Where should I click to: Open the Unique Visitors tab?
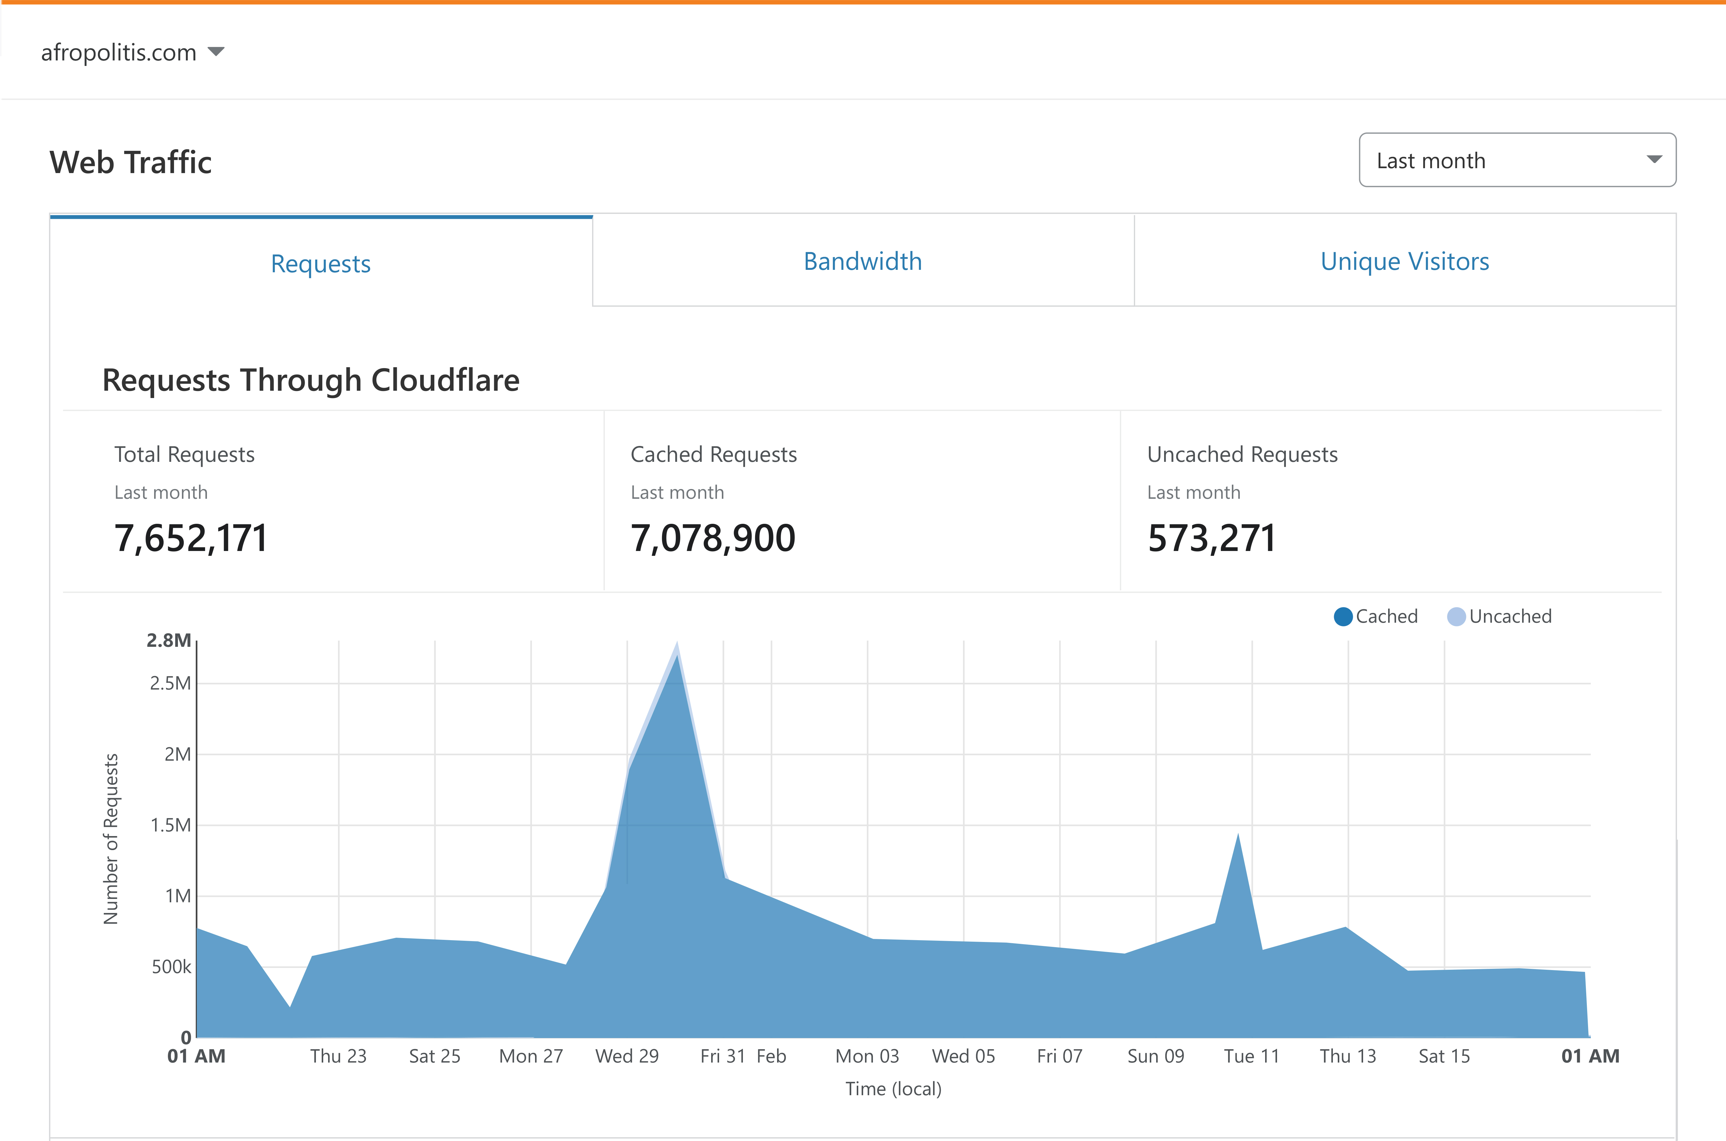[1404, 261]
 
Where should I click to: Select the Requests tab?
[321, 263]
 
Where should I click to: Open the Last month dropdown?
[1517, 160]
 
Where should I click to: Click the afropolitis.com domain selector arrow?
[216, 52]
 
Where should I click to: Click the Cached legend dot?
[1343, 616]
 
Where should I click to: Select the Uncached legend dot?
[1456, 616]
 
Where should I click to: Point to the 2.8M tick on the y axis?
[169, 640]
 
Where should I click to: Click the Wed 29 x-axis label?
[627, 1056]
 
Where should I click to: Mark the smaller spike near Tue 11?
[1238, 838]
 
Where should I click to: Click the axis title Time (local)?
[893, 1088]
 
